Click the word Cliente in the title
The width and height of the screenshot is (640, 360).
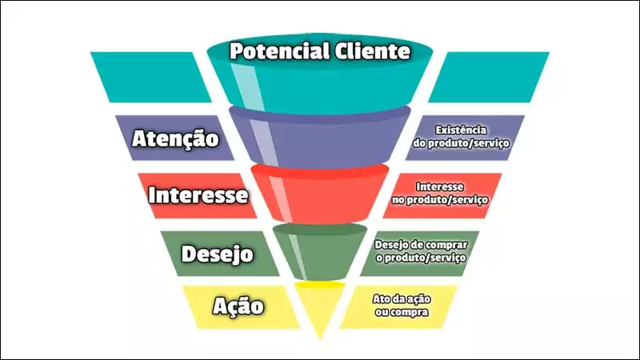point(372,51)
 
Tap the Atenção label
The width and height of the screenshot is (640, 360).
point(175,138)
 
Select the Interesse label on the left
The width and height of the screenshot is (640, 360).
point(198,194)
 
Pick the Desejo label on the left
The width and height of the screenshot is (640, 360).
point(218,254)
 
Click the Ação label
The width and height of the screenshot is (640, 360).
point(238,306)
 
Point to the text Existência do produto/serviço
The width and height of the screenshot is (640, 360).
point(461,137)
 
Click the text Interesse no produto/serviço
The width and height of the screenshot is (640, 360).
point(440,193)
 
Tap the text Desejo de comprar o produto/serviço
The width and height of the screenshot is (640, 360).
point(421,251)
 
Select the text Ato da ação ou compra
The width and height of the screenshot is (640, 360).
point(402,306)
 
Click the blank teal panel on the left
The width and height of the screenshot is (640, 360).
point(151,77)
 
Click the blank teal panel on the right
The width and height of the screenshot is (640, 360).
point(489,77)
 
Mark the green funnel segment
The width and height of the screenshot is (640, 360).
point(320,252)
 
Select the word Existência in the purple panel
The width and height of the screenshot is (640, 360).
point(461,130)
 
